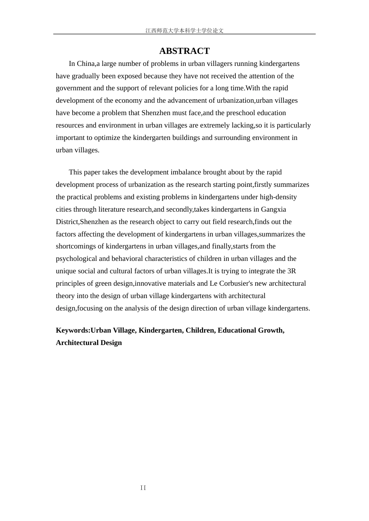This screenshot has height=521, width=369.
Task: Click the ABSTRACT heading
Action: coord(184,51)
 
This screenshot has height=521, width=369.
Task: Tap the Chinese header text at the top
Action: coord(184,31)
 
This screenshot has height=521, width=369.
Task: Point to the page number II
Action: coord(143,488)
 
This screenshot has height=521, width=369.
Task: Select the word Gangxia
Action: coord(273,209)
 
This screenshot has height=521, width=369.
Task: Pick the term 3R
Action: coord(291,271)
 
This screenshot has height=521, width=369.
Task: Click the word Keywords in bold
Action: coord(72,330)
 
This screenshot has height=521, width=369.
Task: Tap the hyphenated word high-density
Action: coord(278,197)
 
